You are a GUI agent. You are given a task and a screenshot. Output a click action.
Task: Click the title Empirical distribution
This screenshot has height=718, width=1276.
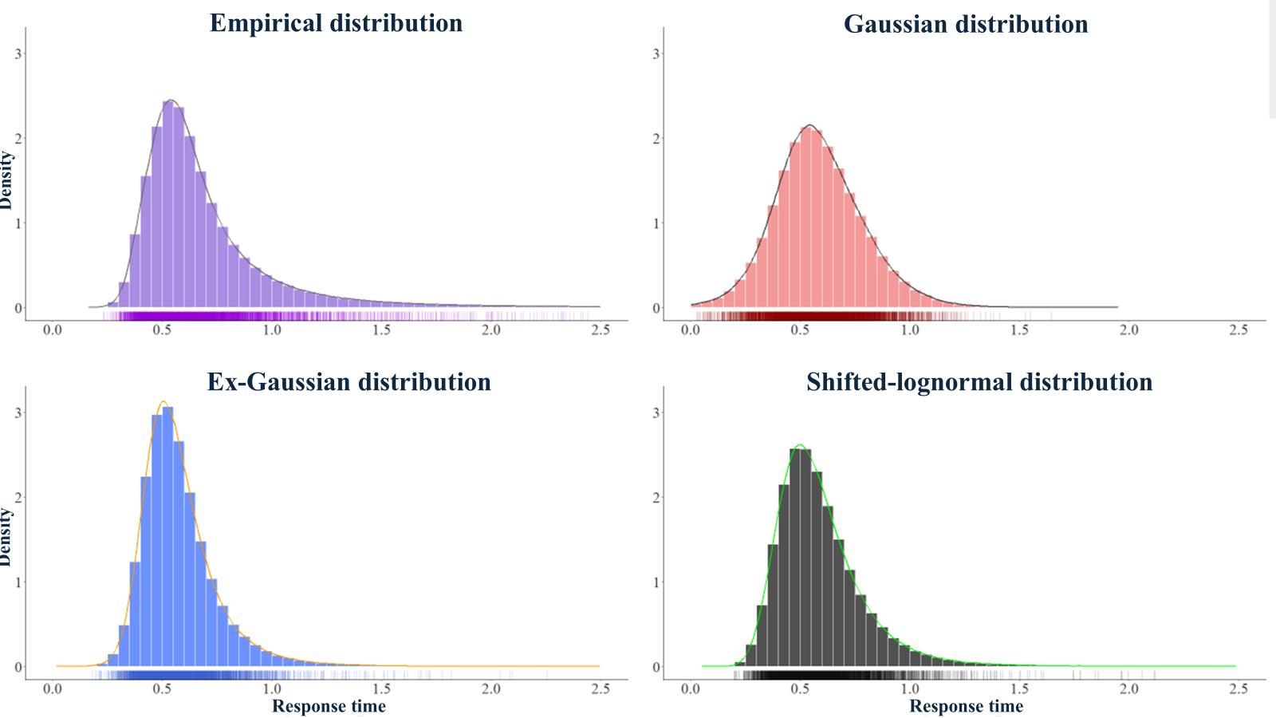coord(336,23)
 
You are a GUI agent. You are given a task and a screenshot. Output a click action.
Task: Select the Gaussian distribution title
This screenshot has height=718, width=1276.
coord(966,24)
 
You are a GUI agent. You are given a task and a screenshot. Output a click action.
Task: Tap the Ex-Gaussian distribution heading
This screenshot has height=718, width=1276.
coord(349,381)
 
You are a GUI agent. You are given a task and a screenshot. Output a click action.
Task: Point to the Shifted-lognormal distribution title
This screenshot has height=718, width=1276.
coord(979,381)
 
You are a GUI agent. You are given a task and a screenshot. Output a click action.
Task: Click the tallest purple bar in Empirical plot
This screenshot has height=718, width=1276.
coord(168,207)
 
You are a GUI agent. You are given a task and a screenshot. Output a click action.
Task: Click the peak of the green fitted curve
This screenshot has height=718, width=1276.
coord(800,445)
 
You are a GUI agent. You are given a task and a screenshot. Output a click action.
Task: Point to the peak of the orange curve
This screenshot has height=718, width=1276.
coord(163,402)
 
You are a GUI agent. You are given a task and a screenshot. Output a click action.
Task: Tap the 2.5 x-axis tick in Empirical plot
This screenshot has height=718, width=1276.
coord(600,329)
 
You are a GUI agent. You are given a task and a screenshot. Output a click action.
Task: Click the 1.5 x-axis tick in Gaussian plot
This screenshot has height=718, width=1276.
coord(1019,329)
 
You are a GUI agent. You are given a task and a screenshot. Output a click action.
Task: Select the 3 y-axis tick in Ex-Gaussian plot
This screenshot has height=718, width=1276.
coord(18,412)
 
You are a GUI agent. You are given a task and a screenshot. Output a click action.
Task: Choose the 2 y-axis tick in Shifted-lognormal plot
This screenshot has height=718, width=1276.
coord(656,497)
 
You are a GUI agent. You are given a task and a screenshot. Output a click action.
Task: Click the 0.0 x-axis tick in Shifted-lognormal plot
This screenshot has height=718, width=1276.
coord(691,688)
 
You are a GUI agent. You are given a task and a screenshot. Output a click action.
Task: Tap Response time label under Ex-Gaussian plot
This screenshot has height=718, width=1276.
coord(329,706)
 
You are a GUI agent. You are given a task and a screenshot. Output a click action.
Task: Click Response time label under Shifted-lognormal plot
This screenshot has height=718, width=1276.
coord(966,706)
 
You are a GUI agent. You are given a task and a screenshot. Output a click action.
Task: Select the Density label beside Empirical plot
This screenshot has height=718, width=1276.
coord(6,180)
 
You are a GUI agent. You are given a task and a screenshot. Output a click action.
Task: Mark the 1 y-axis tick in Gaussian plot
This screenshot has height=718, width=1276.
coord(656,223)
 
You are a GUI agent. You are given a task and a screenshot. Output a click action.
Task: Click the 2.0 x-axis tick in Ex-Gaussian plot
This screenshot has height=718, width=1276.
coord(491,688)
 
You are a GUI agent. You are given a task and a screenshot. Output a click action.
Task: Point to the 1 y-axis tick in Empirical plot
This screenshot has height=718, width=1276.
coord(18,223)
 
